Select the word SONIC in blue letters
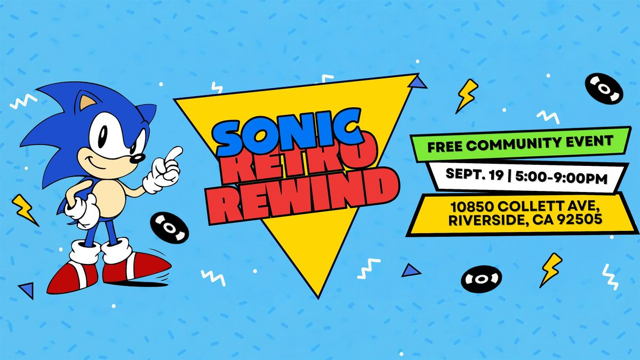coord(287,132)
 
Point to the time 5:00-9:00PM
coord(562,178)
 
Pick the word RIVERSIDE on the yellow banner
coord(485,220)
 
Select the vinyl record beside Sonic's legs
coord(170,227)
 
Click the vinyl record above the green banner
coord(604,89)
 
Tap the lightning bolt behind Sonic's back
coord(25,210)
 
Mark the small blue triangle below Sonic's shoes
coord(27,290)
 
